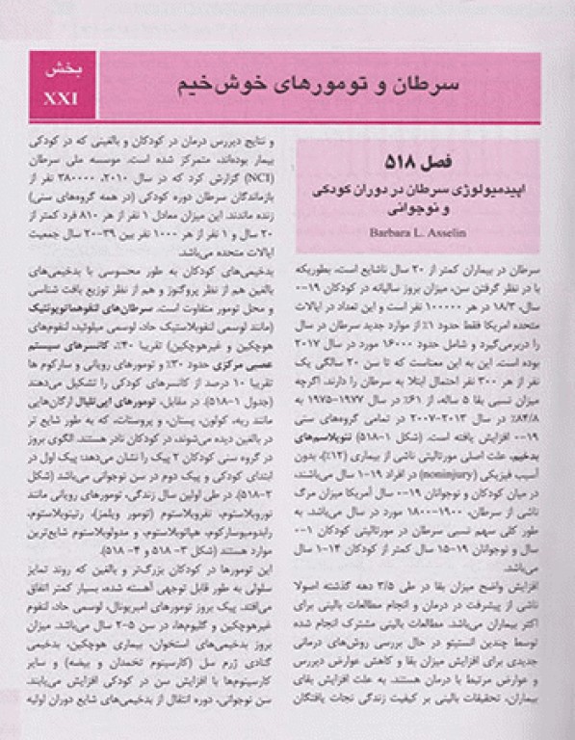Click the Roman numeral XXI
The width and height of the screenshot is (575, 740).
click(65, 97)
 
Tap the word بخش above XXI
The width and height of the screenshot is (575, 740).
click(65, 72)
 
